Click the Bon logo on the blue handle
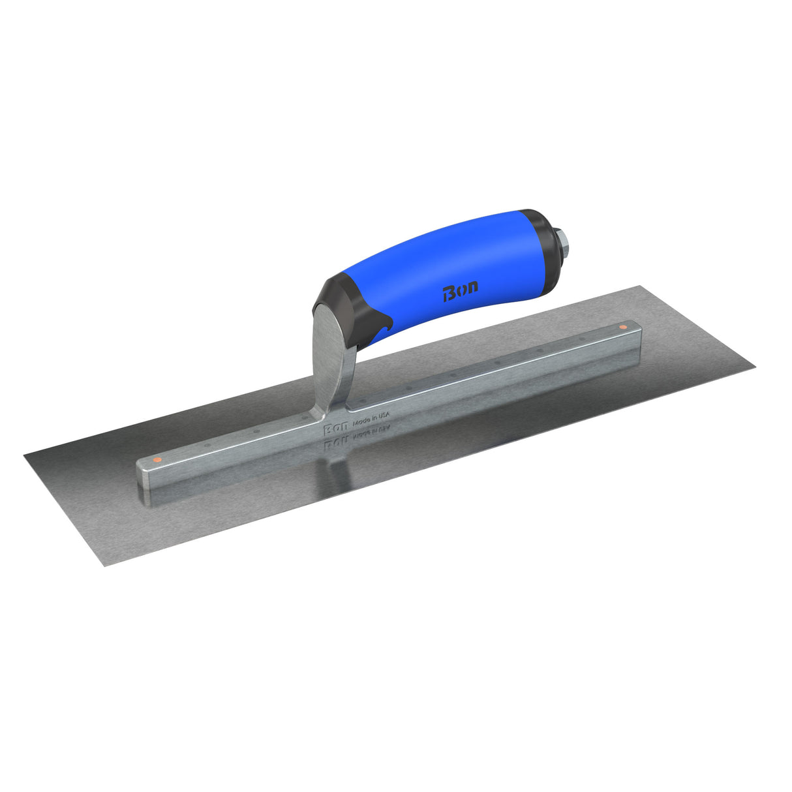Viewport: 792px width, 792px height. click(460, 289)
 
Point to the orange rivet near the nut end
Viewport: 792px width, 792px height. click(622, 326)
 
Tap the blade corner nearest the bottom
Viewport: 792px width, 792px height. click(105, 565)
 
